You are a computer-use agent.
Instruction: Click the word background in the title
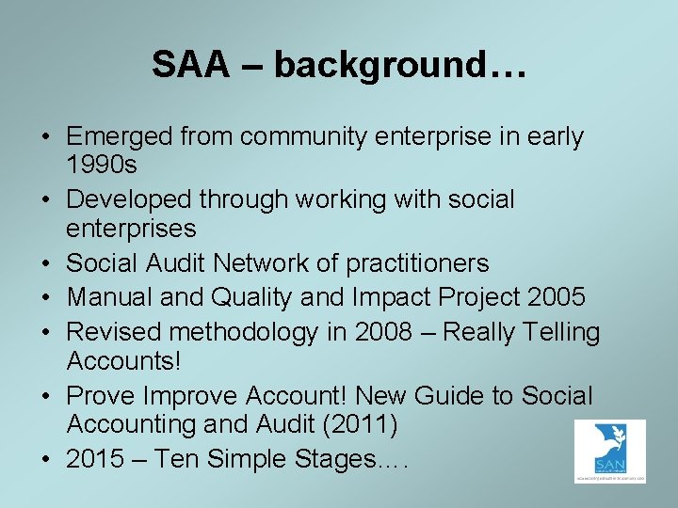(x=364, y=65)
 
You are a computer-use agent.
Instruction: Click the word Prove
(x=97, y=397)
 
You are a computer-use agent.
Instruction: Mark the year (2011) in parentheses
(x=359, y=425)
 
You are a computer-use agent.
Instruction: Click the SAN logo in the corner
(x=609, y=452)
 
